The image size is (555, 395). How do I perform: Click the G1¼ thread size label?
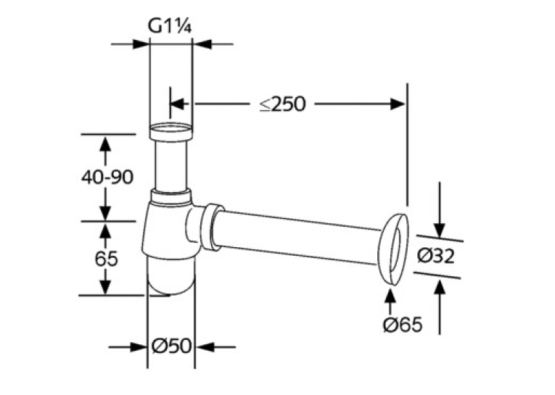point(170,26)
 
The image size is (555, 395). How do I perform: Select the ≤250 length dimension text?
point(282,104)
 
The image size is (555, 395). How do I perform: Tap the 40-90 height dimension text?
point(107,177)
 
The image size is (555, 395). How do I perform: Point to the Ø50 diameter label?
point(171,346)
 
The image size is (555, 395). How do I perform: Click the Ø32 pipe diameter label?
point(435,256)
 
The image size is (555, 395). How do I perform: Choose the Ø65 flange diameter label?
point(403,324)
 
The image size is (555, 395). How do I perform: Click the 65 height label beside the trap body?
point(106,259)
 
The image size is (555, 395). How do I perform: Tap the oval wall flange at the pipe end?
point(393,249)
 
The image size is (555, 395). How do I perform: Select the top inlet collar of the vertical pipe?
point(171,132)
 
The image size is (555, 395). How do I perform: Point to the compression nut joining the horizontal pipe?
point(213,227)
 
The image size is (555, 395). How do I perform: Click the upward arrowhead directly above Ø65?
point(390,296)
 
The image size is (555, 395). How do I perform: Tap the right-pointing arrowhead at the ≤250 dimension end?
point(398,104)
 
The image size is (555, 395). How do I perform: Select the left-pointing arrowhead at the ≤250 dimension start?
point(178,104)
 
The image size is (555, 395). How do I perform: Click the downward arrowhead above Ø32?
point(439,230)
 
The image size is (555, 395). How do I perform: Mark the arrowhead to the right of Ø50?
point(204,347)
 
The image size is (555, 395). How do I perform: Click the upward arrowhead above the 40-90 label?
point(104,144)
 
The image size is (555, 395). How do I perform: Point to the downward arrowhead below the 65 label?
point(105,286)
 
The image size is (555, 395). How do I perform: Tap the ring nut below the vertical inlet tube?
point(171,196)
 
